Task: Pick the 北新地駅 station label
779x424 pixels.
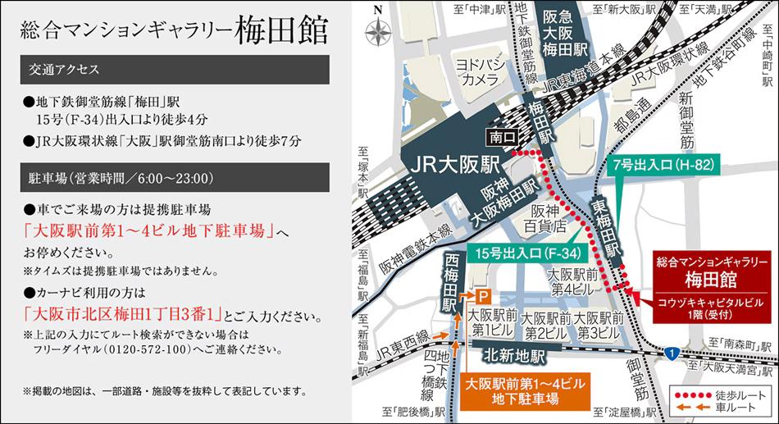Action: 515,355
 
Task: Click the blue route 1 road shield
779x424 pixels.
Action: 672,353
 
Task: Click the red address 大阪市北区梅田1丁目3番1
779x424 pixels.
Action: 124,314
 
